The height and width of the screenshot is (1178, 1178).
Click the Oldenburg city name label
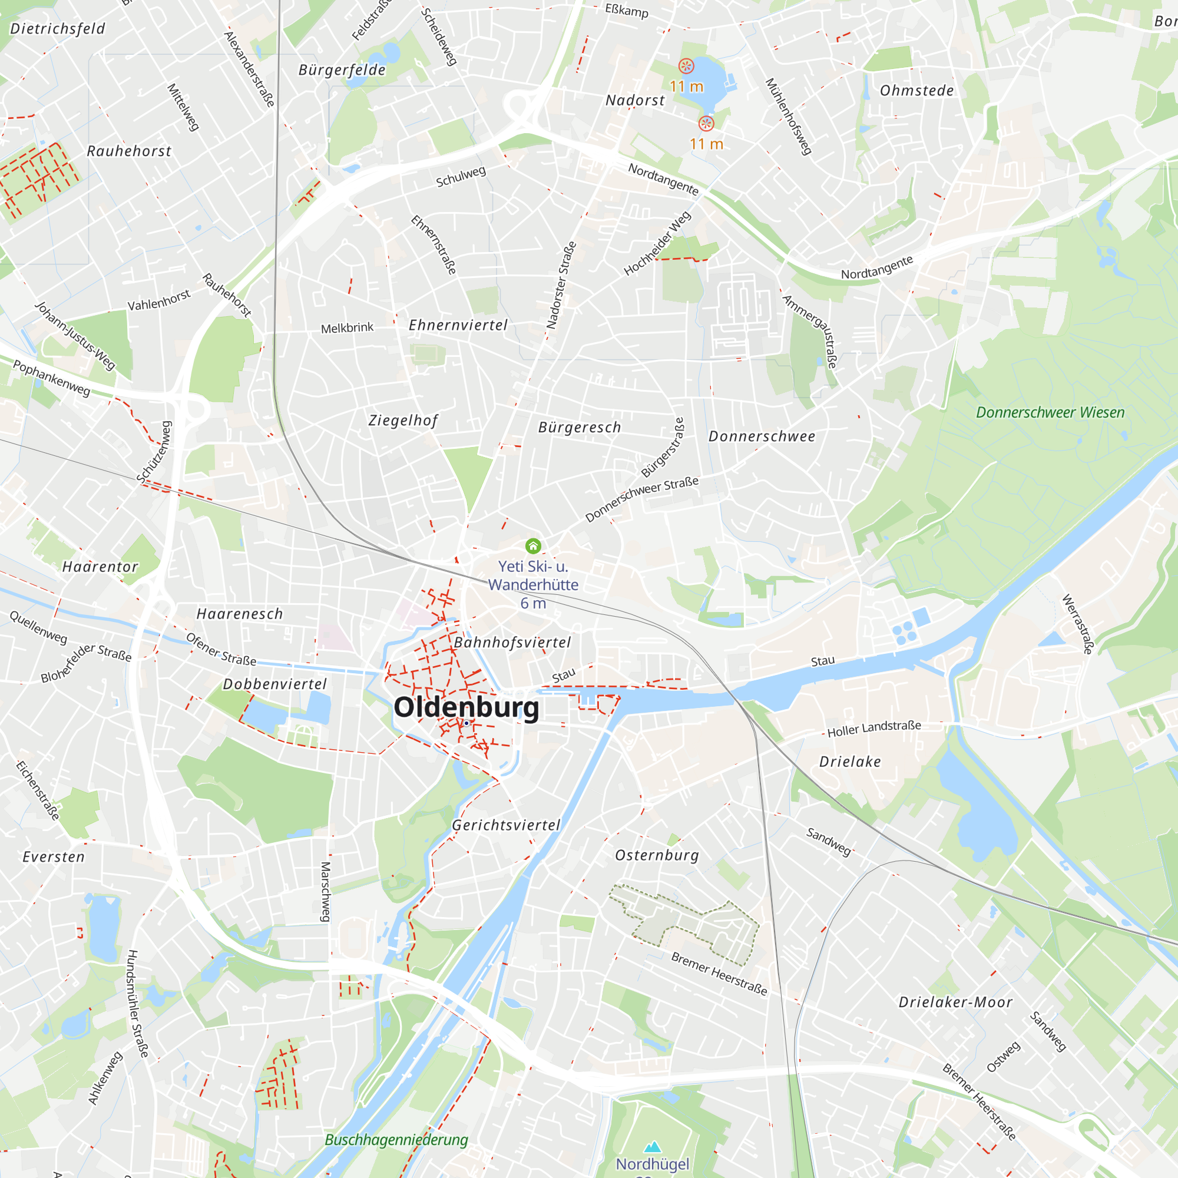point(466,707)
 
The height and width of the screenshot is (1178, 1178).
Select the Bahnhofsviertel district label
point(512,642)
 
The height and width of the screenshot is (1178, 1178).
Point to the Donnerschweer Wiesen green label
point(1050,413)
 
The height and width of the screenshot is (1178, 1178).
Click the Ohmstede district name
point(916,91)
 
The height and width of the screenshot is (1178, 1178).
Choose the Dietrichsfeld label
point(58,29)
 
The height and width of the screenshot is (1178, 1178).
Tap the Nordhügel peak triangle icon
point(653,1147)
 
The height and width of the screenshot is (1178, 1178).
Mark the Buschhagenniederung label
point(396,1140)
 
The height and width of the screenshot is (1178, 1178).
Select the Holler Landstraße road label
point(873,728)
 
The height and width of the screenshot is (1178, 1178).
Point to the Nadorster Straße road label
point(561,285)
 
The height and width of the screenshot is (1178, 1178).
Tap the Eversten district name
point(54,856)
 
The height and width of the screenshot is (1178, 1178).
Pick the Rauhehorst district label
point(129,151)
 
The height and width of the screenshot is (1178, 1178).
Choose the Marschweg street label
point(326,891)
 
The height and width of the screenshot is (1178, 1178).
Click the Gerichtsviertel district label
point(505,825)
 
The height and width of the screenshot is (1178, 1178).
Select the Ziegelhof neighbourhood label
point(403,420)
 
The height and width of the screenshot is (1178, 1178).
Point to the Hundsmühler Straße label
point(137,1003)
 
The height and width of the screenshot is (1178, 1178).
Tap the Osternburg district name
point(657,855)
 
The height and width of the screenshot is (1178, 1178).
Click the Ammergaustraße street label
point(810,332)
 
